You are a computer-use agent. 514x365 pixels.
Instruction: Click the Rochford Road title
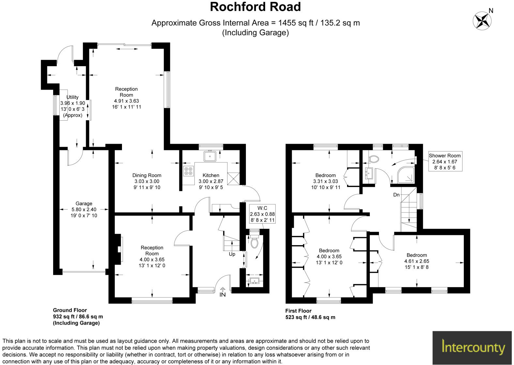[x=255, y=7]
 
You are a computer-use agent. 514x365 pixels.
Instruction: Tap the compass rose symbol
[x=482, y=20]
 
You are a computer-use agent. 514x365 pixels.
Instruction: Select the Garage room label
[x=84, y=204]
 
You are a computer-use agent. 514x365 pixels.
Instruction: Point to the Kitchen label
[x=211, y=175]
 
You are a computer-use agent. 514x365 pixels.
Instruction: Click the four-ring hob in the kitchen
[x=189, y=171]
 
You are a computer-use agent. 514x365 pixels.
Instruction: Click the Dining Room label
[x=147, y=175]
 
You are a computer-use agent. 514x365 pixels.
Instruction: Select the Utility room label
[x=72, y=97]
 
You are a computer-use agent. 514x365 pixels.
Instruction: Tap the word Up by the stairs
[x=232, y=254]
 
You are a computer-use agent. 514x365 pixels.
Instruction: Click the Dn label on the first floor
[x=396, y=195]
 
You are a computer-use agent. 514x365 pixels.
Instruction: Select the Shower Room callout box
[x=445, y=162]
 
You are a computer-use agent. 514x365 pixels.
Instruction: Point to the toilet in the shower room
[x=374, y=159]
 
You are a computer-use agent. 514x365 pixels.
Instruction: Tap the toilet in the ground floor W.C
[x=255, y=243]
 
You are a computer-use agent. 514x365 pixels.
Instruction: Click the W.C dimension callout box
[x=262, y=214]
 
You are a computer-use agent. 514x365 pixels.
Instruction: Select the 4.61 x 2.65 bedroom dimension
[x=416, y=261]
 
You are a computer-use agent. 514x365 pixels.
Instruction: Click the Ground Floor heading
[x=70, y=310]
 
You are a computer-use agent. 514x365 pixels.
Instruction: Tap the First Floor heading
[x=298, y=311]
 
